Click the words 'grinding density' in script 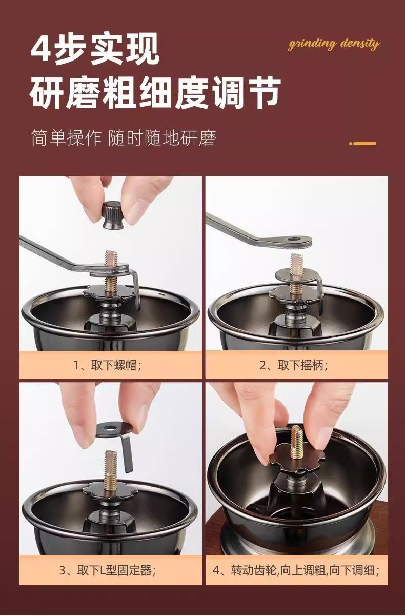[x=334, y=44]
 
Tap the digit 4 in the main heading [x=41, y=49]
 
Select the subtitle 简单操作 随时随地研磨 [x=124, y=138]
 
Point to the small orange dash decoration [x=362, y=143]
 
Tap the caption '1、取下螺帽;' [x=107, y=365]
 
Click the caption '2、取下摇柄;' [x=294, y=365]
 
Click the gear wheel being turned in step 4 [x=297, y=463]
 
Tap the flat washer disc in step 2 [x=296, y=274]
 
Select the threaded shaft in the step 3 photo [x=110, y=470]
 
